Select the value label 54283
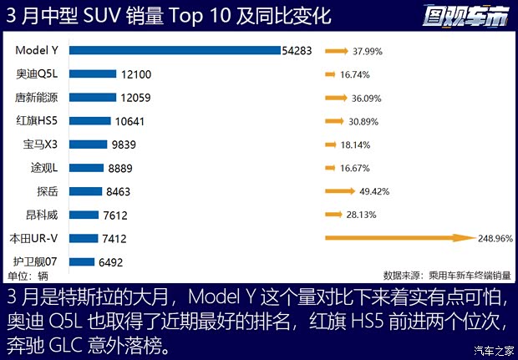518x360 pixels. pyautogui.click(x=296, y=51)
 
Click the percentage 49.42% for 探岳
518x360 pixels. pyautogui.click(x=374, y=191)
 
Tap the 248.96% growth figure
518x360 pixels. pyautogui.click(x=495, y=238)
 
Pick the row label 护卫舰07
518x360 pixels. pyautogui.click(x=37, y=261)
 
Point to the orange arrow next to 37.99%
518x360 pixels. pyautogui.click(x=337, y=51)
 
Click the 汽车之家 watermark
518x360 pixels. pyautogui.click(x=494, y=349)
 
